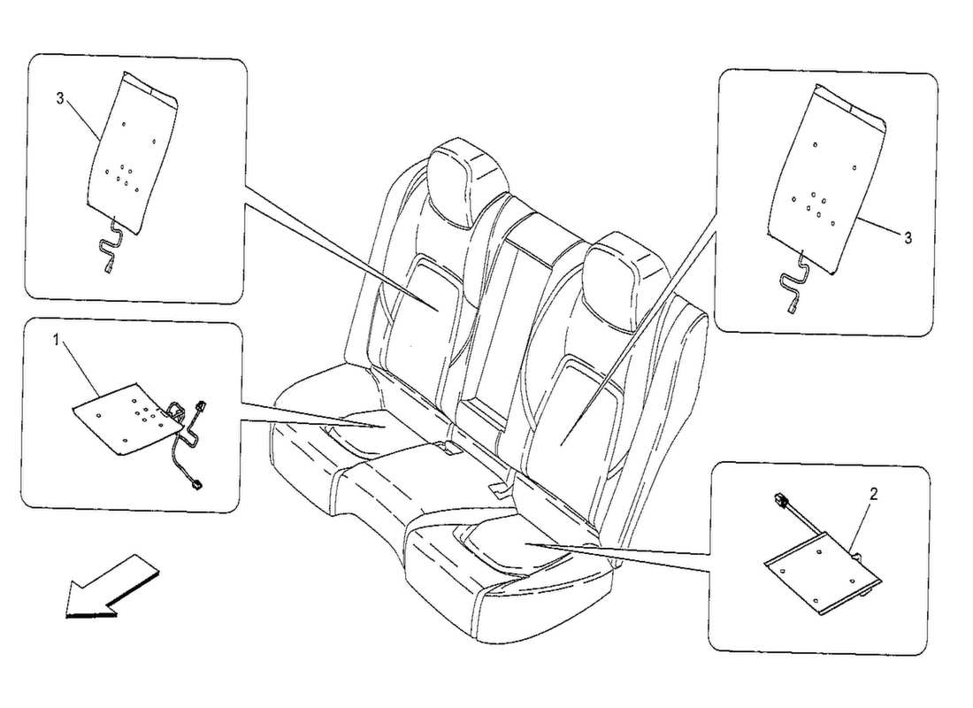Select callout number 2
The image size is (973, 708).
(x=873, y=494)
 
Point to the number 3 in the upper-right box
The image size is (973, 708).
(x=907, y=238)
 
